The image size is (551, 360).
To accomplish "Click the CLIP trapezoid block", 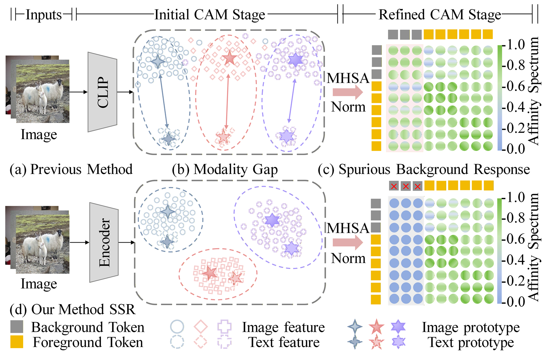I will pyautogui.click(x=102, y=92).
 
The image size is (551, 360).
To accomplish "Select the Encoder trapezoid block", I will pyautogui.click(x=104, y=242).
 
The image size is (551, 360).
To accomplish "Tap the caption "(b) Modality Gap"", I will pyautogui.click(x=225, y=169).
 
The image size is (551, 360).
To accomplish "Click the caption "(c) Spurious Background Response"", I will pyautogui.click(x=424, y=169).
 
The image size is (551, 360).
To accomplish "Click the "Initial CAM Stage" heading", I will pyautogui.click(x=210, y=15).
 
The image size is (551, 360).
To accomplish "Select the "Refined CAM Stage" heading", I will pyautogui.click(x=440, y=15).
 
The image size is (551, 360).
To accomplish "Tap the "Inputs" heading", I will pyautogui.click(x=44, y=15).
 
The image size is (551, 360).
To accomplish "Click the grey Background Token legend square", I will pyautogui.click(x=17, y=327).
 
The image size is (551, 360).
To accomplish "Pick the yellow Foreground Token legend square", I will pyautogui.click(x=17, y=342).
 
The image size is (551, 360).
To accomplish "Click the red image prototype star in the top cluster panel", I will pyautogui.click(x=229, y=58).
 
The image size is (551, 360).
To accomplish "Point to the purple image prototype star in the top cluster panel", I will pyautogui.click(x=295, y=60).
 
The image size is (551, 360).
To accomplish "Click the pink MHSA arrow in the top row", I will pyautogui.click(x=347, y=92).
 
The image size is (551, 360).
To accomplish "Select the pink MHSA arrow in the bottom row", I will pyautogui.click(x=347, y=242).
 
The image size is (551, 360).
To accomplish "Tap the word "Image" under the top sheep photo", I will pyautogui.click(x=39, y=134).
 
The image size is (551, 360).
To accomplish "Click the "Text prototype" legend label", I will pyautogui.click(x=471, y=342).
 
